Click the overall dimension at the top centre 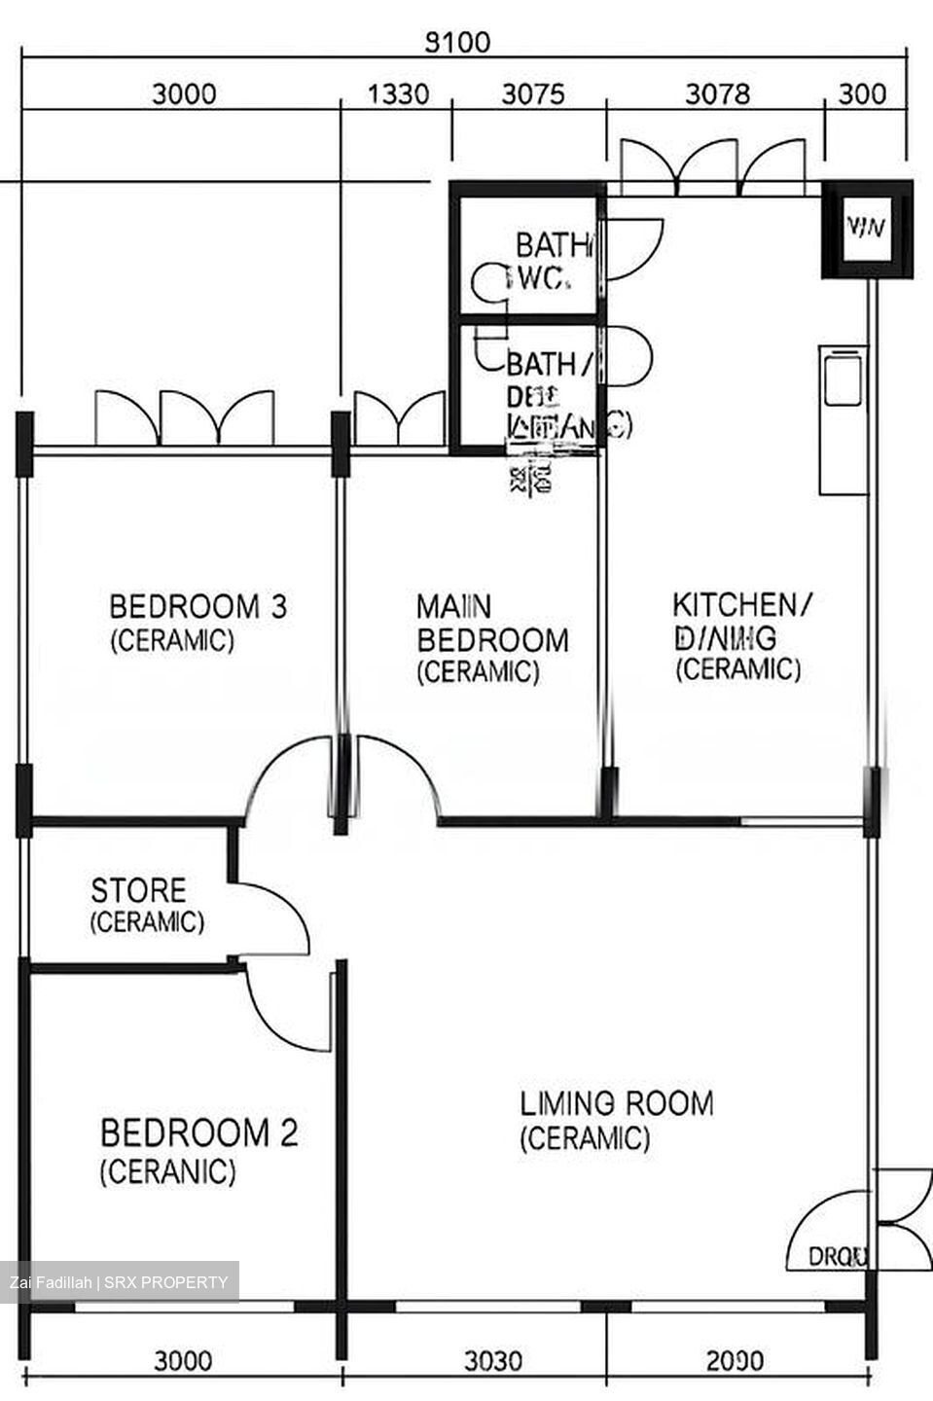(459, 43)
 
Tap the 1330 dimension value (397, 94)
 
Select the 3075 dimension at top (531, 94)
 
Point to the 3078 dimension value (718, 94)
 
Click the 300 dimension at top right (862, 94)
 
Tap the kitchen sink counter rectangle (842, 377)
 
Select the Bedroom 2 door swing (287, 1012)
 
